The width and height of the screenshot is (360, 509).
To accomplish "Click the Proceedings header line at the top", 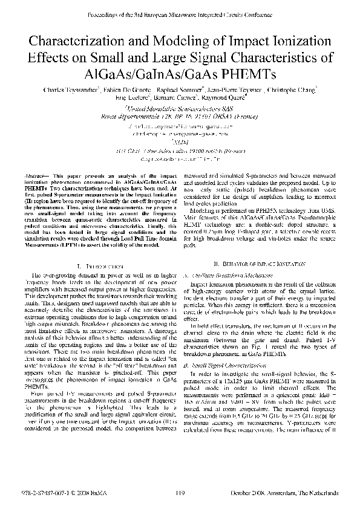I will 180,13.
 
